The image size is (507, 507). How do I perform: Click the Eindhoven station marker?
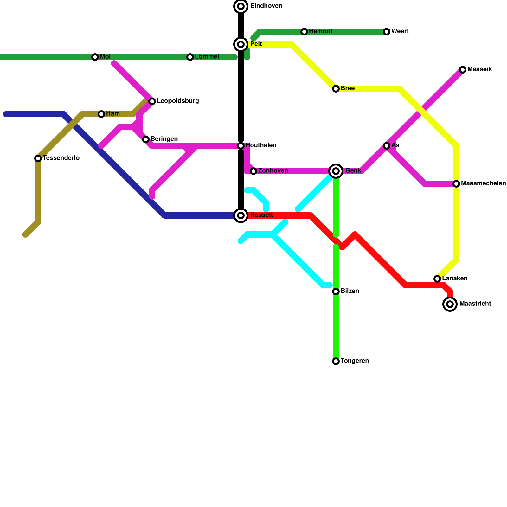241,6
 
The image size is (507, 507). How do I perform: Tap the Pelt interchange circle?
241,44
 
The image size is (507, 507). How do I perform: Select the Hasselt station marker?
241,215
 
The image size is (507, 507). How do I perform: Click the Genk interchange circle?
336,171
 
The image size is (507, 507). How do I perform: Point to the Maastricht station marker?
450,304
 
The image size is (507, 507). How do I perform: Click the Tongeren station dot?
336,361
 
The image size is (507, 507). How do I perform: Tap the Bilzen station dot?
336,292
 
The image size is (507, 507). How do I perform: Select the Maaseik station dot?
463,70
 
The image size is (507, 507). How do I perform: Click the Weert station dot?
387,32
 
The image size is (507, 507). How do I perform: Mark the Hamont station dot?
304,32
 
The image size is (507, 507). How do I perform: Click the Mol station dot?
95,57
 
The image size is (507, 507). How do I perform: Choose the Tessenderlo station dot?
38,158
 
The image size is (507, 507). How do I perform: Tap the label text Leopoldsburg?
178,101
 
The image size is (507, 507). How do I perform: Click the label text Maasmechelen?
483,183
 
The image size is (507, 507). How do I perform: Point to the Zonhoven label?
273,171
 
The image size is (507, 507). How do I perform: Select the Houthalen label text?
261,145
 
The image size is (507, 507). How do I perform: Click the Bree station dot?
336,89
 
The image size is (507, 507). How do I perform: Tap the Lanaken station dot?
437,279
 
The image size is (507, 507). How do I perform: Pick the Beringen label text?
164,139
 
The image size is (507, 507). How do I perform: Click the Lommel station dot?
190,57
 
